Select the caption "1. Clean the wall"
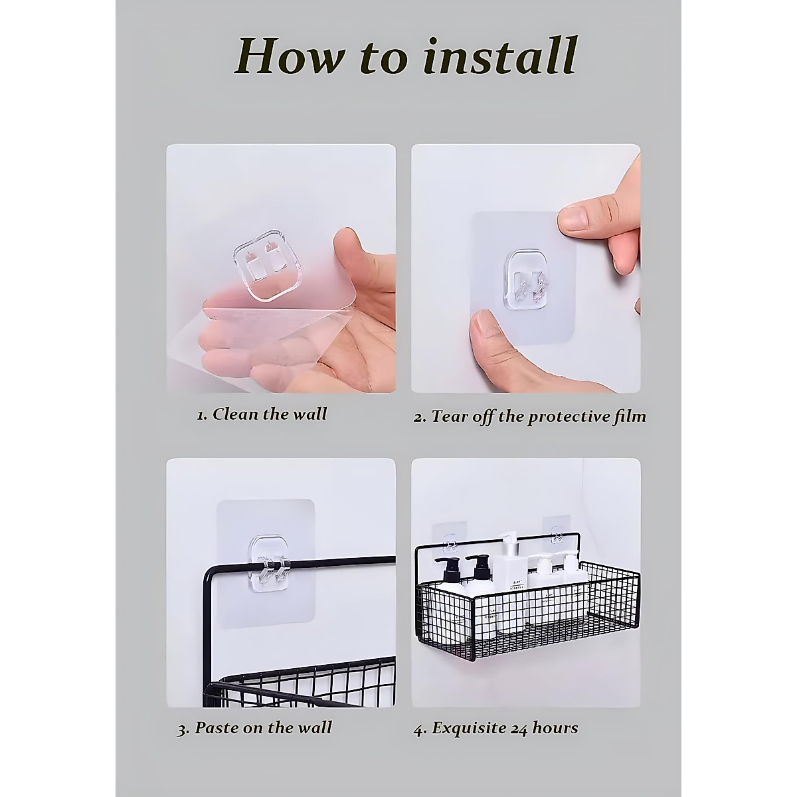(x=262, y=414)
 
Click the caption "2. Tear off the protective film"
(x=529, y=416)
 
